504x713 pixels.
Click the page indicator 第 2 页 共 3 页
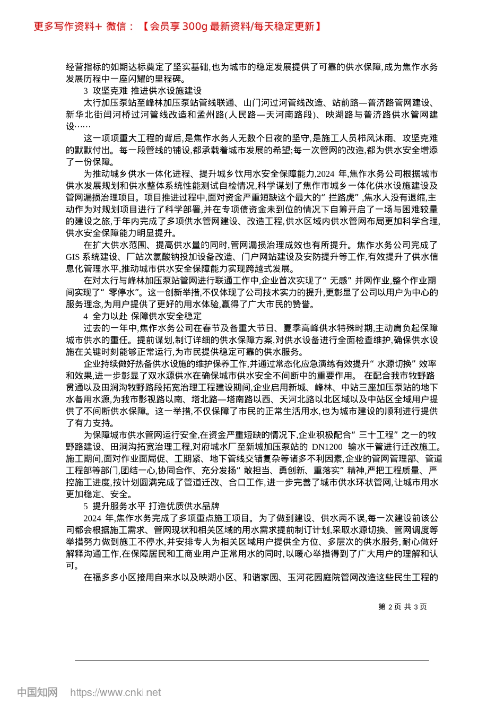coord(403,607)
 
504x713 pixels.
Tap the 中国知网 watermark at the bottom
coord(37,692)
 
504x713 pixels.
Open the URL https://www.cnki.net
coord(116,692)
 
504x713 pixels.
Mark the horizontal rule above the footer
coord(252,660)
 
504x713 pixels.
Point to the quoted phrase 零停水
coord(124,292)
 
